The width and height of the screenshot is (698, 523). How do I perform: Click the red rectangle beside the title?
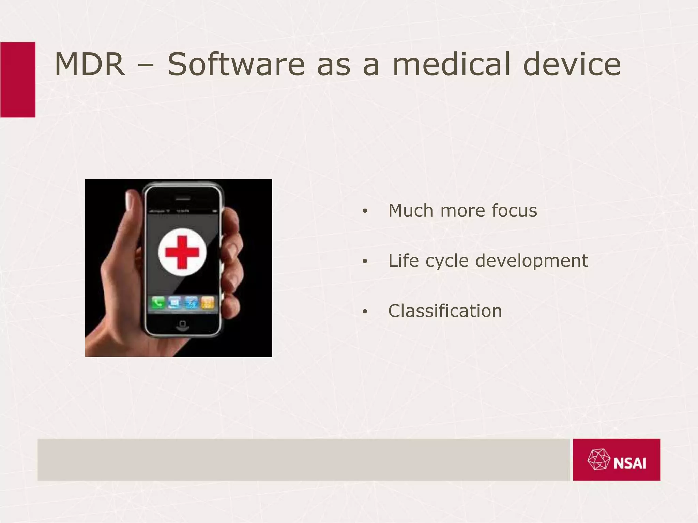(18, 80)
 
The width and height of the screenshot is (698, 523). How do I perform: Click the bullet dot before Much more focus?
(365, 211)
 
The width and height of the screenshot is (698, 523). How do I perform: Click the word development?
(532, 261)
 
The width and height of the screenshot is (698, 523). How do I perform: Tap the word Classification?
(445, 311)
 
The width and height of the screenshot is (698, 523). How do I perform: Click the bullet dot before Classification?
(365, 312)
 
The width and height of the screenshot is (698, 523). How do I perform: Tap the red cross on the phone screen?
(182, 252)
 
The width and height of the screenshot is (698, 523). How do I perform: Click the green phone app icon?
(158, 302)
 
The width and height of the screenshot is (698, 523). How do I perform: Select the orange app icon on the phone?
(208, 302)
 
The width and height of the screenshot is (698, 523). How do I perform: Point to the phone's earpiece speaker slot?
(183, 199)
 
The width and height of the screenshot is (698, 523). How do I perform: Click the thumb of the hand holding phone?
(131, 208)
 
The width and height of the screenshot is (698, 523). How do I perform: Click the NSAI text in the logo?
(630, 463)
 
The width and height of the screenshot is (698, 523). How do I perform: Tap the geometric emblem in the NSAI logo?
(599, 460)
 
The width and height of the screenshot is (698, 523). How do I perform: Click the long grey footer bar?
(303, 460)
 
